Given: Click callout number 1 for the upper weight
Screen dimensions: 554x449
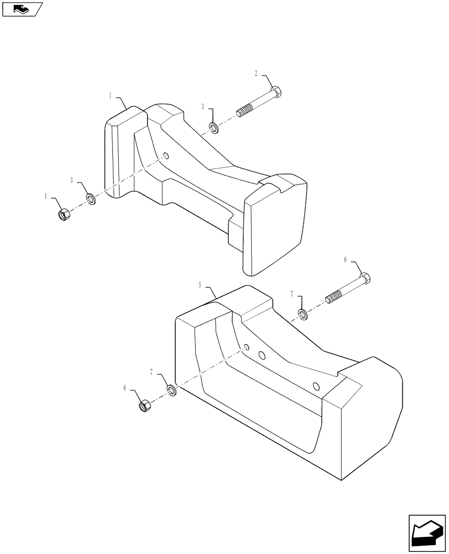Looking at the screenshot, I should (x=110, y=96).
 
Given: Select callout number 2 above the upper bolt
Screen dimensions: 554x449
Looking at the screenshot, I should (x=256, y=73).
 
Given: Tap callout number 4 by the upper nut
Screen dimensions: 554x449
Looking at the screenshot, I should (x=46, y=196).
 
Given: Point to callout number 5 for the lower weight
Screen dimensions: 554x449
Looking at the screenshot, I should (x=200, y=284).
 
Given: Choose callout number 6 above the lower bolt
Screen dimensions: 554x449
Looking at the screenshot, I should (x=345, y=259).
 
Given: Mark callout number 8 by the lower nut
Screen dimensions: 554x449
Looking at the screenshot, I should (x=126, y=389).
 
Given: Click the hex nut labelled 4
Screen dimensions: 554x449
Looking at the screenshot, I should (x=62, y=213).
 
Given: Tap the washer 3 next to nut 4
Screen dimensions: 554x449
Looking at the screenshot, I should (x=90, y=198).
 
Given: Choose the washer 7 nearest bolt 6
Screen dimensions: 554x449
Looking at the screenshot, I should (x=303, y=315).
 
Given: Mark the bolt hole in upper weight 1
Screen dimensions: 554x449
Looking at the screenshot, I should (x=166, y=156).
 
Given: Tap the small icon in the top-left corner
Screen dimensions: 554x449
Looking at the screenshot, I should (x=22, y=8).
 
